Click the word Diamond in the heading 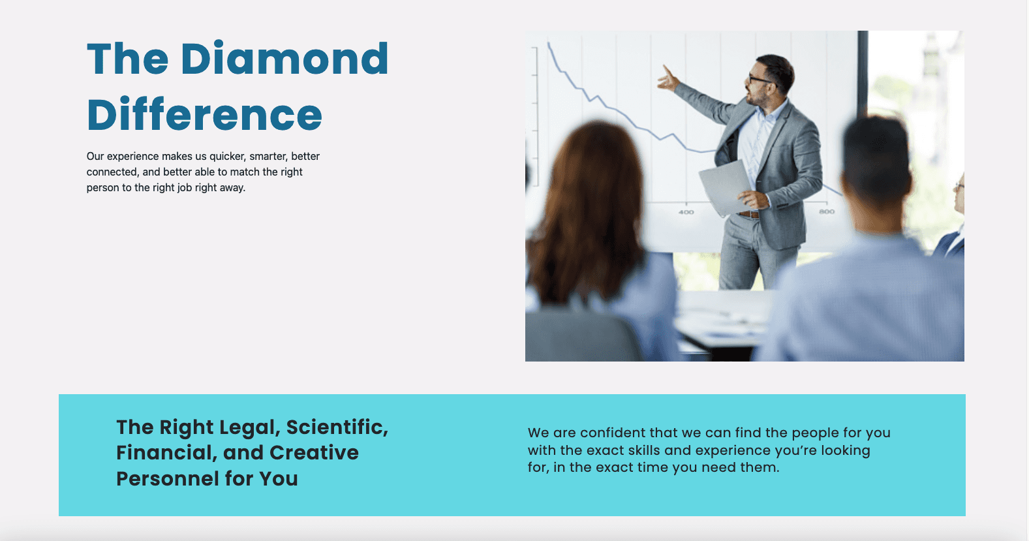[284, 58]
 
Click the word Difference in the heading [204, 114]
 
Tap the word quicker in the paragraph [228, 157]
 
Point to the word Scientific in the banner [337, 427]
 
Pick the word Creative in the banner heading [314, 453]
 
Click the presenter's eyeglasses [760, 80]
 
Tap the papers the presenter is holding [726, 188]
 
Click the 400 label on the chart [686, 212]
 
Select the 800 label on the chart [827, 211]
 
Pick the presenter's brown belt [749, 215]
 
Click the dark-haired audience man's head [876, 161]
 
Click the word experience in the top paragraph [132, 157]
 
